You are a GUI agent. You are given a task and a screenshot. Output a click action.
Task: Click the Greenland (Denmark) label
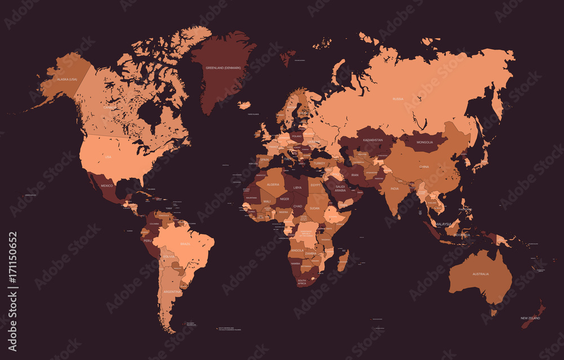(223, 68)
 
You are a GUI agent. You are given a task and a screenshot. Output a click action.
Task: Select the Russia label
(398, 99)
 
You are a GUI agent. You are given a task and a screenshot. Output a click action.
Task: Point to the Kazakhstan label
(373, 140)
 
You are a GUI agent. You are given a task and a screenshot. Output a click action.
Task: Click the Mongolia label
(425, 142)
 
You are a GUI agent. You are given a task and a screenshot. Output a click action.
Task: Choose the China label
(424, 167)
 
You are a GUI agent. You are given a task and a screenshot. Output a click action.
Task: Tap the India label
(395, 188)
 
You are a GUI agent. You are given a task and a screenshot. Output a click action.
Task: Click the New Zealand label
(530, 318)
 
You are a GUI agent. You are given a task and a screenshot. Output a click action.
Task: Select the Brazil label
(185, 244)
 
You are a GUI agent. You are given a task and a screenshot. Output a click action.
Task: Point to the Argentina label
(171, 292)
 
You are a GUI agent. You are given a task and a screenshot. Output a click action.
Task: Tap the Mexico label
(107, 185)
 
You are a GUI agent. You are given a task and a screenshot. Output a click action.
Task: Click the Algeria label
(273, 184)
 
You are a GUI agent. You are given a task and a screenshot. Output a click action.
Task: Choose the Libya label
(297, 187)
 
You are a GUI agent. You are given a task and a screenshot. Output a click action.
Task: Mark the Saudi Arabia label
(340, 188)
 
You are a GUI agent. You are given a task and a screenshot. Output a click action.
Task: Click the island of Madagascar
(342, 261)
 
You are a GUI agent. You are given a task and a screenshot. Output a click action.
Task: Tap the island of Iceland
(244, 105)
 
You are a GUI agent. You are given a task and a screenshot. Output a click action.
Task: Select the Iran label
(355, 175)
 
